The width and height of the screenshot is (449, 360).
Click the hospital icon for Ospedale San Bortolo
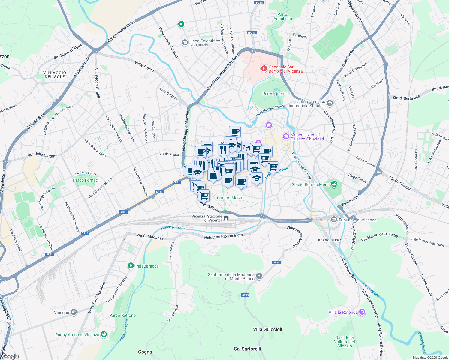(x=264, y=69)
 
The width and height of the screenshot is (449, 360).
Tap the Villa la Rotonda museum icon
(x=362, y=312)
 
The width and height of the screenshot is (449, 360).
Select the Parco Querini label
(x=275, y=94)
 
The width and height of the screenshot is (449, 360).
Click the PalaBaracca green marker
(x=131, y=266)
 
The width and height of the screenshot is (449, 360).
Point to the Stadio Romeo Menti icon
(x=334, y=184)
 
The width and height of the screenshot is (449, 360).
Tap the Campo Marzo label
(x=230, y=198)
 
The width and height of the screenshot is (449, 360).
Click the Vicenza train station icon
(x=226, y=218)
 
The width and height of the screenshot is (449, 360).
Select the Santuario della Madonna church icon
(x=259, y=276)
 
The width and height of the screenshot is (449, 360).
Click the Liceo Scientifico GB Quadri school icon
(x=185, y=43)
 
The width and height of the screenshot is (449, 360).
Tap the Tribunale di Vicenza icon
(x=334, y=220)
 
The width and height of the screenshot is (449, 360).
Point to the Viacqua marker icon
(x=74, y=313)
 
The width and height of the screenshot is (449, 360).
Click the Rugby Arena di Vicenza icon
(x=104, y=334)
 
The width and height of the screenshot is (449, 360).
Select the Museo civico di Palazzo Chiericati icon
(x=286, y=137)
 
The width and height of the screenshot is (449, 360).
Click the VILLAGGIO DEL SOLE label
(x=55, y=75)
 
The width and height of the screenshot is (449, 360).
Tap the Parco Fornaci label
(x=86, y=180)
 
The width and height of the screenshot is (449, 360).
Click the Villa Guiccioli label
(x=267, y=329)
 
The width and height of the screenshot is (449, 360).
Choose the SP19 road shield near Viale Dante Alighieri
(x=276, y=262)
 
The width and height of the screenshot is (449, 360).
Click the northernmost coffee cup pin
(x=235, y=131)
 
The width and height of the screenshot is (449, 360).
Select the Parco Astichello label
(x=282, y=16)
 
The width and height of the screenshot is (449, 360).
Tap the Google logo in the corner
(x=10, y=356)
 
